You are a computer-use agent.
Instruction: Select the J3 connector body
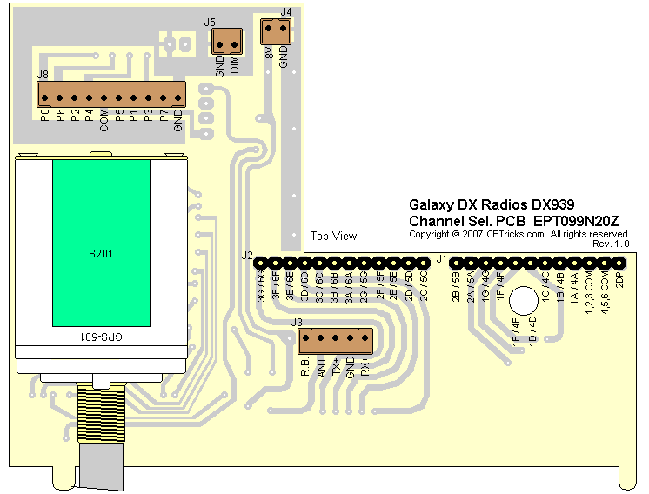point(334,339)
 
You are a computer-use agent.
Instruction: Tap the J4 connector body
point(276,31)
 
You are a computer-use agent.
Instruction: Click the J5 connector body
point(227,40)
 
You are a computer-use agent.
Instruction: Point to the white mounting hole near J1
point(524,301)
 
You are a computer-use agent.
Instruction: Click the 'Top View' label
point(334,237)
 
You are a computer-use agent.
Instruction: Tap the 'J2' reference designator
point(247,257)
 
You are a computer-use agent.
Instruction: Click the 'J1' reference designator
point(441,258)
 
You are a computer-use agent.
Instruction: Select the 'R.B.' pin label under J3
point(305,367)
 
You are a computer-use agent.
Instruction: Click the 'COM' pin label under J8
point(104,120)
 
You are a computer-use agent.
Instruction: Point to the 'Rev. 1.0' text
point(611,244)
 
